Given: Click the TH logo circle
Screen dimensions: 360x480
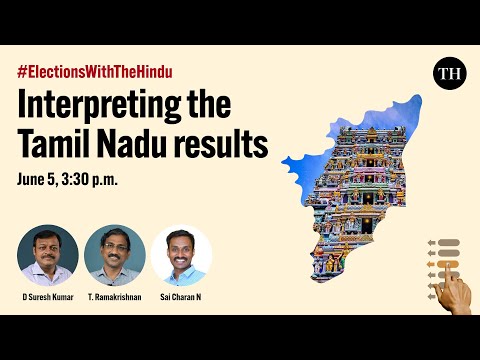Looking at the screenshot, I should click(x=449, y=74).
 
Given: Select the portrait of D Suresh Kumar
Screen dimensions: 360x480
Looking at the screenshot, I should click(x=47, y=255).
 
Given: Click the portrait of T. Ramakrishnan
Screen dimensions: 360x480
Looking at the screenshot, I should click(x=115, y=255).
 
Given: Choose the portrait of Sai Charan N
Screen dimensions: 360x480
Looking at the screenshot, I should click(x=182, y=255).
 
